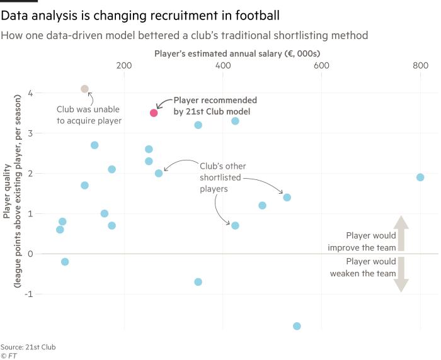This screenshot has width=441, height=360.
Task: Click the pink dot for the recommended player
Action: coord(154,113)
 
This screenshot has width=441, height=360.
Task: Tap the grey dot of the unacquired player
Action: coord(85,89)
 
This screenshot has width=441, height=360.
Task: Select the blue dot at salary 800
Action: coord(420,177)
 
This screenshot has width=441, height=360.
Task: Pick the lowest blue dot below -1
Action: coord(297,326)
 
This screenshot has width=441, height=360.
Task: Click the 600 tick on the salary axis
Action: coord(321,65)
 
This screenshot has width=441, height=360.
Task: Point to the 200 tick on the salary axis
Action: coord(124,65)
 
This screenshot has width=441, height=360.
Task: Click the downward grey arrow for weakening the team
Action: coord(401,278)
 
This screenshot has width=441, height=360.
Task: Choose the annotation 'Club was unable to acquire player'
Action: coord(89,115)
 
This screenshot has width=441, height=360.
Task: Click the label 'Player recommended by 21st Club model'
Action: coord(215,106)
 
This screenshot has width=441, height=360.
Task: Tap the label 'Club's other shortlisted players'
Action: coord(222,177)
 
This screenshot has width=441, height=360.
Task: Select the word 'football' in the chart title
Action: coord(253,14)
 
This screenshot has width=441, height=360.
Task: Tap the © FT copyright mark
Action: coord(9,356)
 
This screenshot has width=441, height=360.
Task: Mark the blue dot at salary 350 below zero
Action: coord(198,281)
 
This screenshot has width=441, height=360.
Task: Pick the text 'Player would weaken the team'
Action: coord(363,267)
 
